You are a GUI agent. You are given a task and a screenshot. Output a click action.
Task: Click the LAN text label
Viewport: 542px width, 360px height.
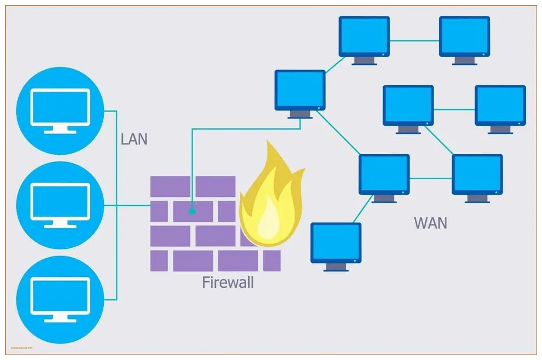(134, 139)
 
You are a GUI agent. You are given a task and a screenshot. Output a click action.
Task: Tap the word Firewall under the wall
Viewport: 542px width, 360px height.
(228, 283)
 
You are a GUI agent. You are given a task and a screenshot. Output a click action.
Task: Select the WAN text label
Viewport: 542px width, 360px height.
(430, 223)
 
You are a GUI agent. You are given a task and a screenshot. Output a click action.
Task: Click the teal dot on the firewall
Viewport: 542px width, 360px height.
(192, 211)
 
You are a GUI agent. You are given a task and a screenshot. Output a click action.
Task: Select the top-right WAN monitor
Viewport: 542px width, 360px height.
(464, 37)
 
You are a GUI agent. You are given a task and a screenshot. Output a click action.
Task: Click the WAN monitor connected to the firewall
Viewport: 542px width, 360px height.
(300, 91)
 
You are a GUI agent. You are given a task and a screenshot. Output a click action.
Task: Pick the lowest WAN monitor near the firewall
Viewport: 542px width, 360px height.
(335, 244)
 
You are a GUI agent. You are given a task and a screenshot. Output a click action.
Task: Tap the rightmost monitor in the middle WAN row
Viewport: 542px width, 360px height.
(500, 106)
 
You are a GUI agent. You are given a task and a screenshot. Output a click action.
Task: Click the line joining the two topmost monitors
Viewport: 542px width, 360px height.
(414, 40)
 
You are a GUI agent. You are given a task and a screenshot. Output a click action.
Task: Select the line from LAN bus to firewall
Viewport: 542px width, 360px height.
(133, 205)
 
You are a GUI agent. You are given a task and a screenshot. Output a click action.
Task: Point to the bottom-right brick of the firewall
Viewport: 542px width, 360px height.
(272, 261)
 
